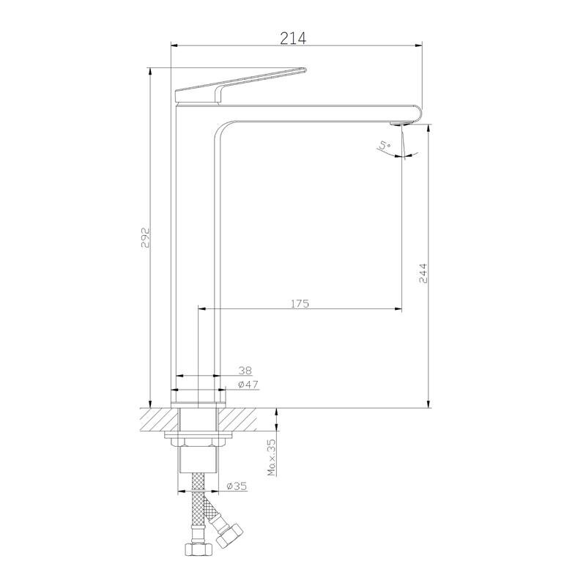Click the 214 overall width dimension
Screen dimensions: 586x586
[293, 38]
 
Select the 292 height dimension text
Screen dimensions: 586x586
[145, 237]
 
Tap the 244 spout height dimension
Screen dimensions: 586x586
[423, 273]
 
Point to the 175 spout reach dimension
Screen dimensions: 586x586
[300, 303]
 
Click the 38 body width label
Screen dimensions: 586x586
[245, 371]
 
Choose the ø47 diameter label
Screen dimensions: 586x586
[248, 384]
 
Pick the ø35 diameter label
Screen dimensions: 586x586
[237, 486]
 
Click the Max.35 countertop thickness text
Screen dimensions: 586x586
[272, 457]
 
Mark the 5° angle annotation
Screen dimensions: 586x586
[385, 145]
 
